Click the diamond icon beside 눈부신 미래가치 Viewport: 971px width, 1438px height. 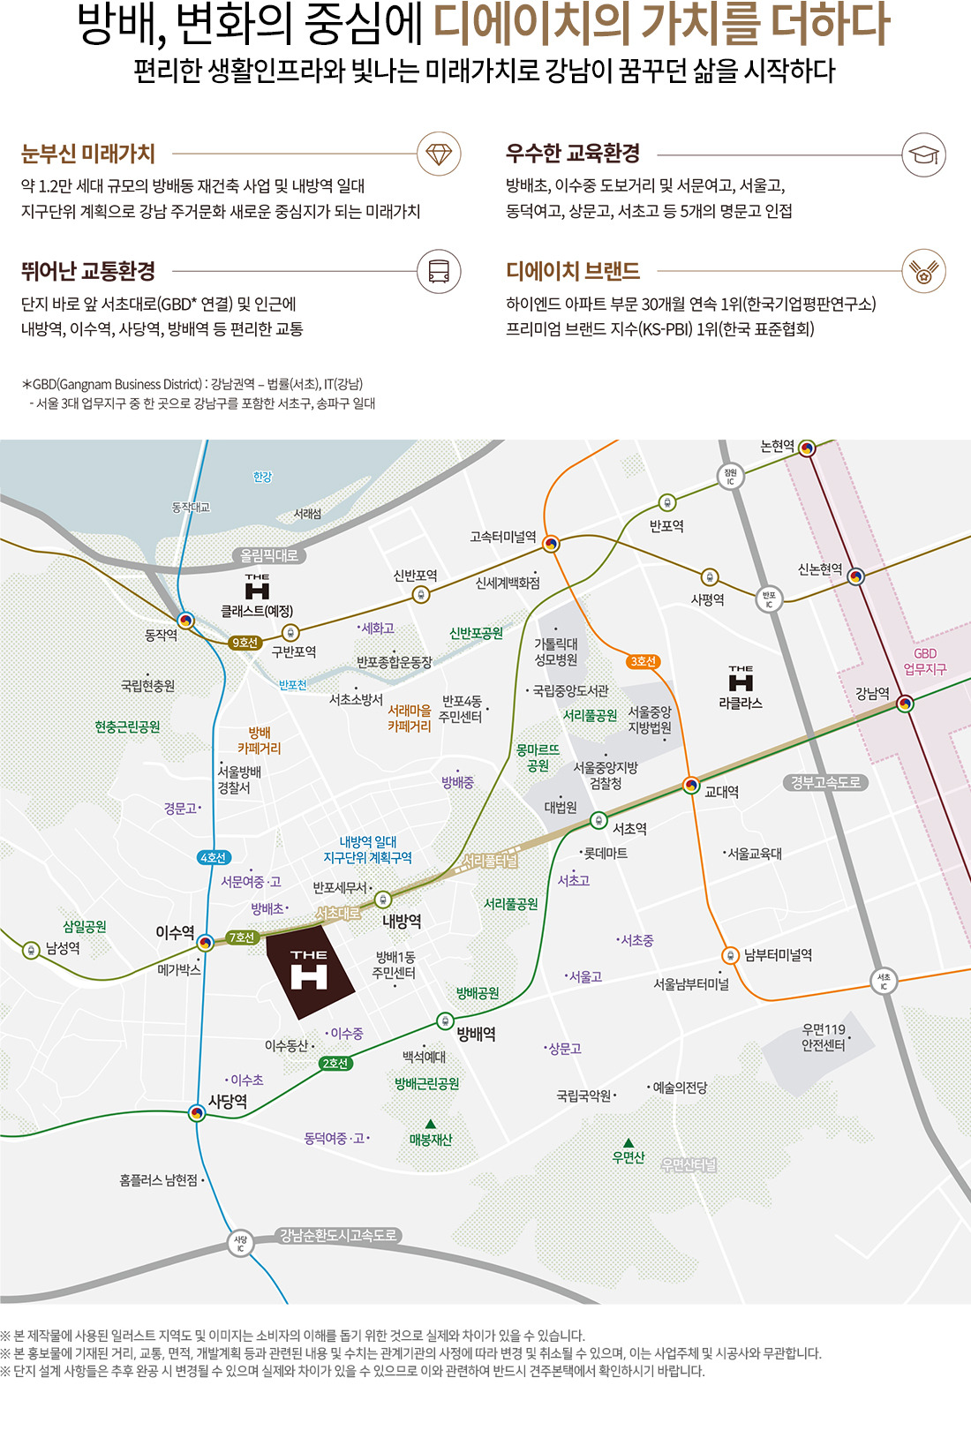(439, 154)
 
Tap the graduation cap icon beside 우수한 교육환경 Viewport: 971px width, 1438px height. (923, 154)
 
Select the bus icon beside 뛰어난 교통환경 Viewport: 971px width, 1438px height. (439, 271)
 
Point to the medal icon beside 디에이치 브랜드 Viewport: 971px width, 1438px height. (923, 271)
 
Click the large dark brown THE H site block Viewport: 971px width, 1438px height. (309, 971)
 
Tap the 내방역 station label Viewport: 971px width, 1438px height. (402, 922)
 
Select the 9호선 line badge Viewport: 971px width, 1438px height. (244, 643)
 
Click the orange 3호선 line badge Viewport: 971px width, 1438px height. (644, 661)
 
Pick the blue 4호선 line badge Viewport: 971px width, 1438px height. (214, 857)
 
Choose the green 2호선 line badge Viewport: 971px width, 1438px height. (335, 1063)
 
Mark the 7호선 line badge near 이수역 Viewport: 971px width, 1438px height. (242, 937)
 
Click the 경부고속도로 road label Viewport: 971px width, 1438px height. (825, 782)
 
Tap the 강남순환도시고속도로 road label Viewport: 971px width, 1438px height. (339, 1235)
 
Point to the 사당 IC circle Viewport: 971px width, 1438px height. (240, 1243)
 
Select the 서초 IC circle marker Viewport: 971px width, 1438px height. (884, 981)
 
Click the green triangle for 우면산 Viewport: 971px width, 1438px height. (629, 1142)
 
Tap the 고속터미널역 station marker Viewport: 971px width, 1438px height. (551, 544)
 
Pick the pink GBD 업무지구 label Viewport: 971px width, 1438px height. (925, 661)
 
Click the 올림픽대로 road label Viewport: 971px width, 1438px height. (269, 555)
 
